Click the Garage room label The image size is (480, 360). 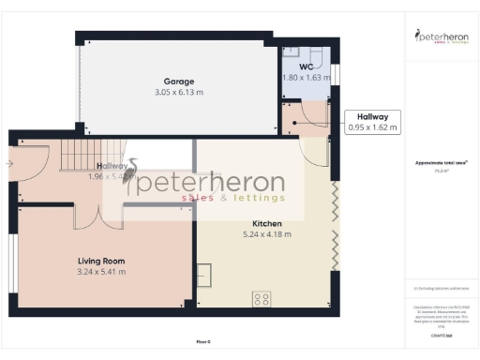point(178,82)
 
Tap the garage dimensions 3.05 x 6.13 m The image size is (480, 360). point(178,93)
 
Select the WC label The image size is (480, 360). point(306,67)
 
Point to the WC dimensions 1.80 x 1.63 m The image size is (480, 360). point(307,78)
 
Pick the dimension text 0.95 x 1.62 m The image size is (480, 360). point(372,127)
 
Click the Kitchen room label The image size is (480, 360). point(267,224)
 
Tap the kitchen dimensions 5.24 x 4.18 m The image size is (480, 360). point(267,234)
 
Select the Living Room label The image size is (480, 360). point(100,261)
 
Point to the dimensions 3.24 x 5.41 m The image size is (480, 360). point(100,272)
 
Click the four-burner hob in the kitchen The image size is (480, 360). point(262,300)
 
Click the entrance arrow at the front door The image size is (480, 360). point(9,163)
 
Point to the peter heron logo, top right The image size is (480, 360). point(441,37)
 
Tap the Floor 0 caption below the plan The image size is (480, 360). point(203,342)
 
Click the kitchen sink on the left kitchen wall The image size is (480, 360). point(203,275)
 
